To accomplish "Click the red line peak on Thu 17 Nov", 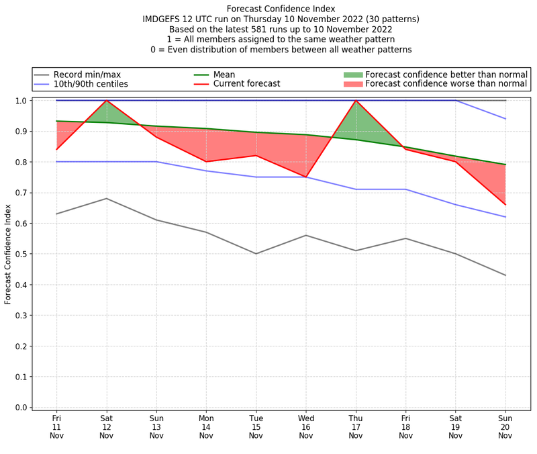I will [356, 101].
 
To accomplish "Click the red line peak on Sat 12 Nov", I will [106, 101].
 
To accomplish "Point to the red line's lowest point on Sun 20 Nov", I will [505, 204].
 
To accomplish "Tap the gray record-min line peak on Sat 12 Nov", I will [106, 198].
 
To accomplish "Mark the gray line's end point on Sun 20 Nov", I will [505, 275].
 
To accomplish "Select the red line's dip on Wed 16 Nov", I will [306, 177].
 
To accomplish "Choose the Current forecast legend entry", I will [245, 84].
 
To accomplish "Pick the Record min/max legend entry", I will [87, 75].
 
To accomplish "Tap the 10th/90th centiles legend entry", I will [91, 84].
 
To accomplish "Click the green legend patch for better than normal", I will [352, 75].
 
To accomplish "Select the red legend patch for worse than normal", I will [352, 84].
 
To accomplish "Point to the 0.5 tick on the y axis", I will [24, 254].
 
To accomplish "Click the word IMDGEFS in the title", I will [164, 19].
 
